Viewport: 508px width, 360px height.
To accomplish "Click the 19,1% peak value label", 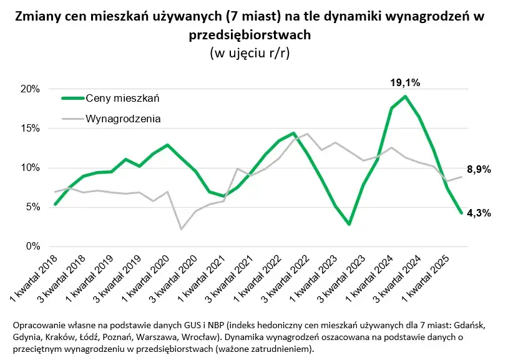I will tap(404, 82).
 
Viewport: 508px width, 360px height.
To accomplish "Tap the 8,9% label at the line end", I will tap(479, 170).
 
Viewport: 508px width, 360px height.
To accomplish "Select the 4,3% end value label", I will tap(479, 213).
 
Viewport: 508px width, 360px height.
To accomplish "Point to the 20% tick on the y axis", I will tap(30, 89).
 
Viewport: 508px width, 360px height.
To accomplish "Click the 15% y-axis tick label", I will tap(30, 129).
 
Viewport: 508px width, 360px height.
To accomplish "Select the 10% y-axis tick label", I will tap(30, 168).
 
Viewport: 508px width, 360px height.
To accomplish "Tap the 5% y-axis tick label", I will tap(32, 207).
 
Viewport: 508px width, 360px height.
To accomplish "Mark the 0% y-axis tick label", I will tap(32, 246).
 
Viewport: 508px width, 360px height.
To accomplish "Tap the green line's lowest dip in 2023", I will tap(349, 224).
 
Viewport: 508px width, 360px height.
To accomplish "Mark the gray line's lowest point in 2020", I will tap(180, 229).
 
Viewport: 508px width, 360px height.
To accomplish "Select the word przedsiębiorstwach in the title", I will tap(253, 36).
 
